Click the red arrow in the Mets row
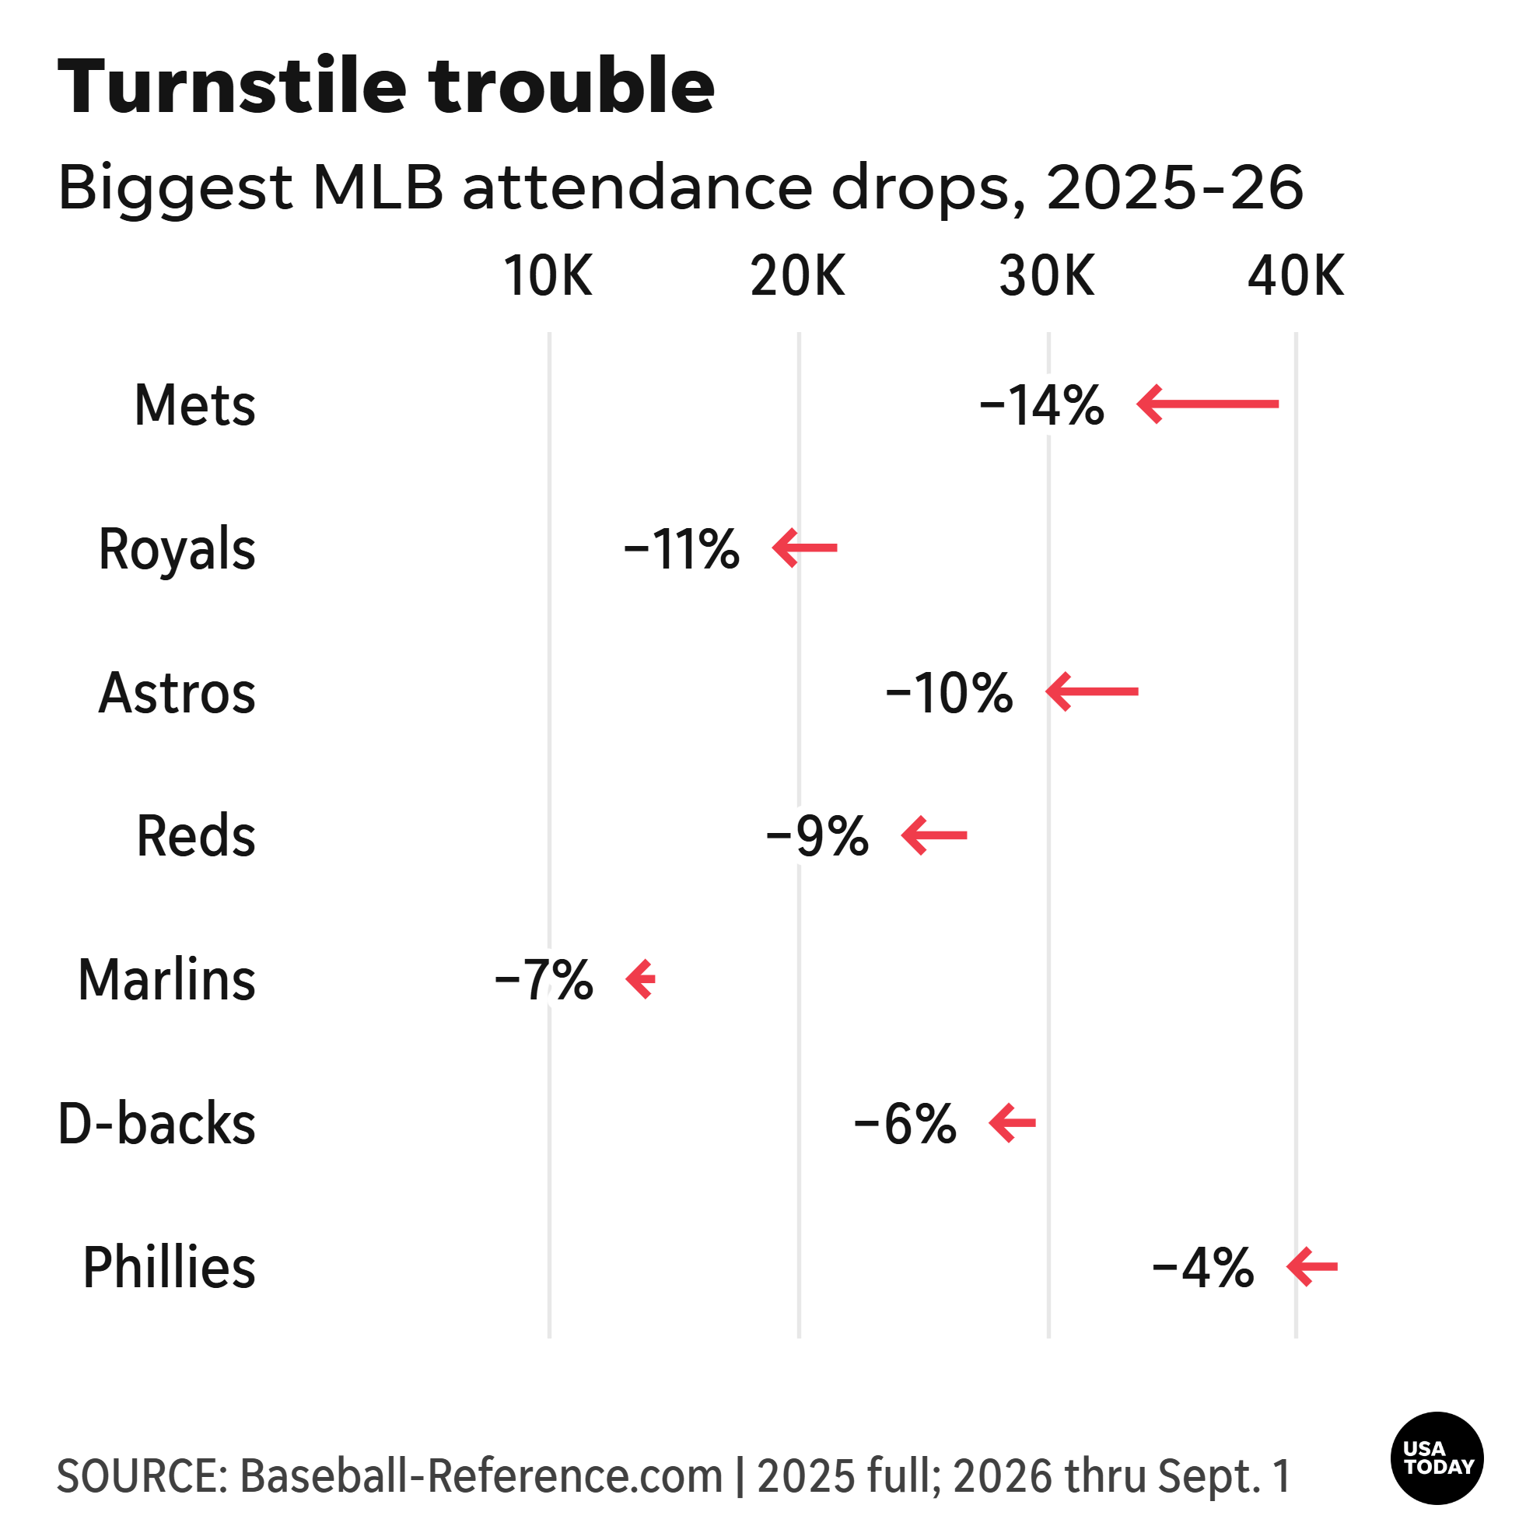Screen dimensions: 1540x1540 pos(1208,404)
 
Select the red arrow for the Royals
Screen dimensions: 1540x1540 pos(804,548)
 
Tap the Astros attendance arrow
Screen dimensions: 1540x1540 pos(1092,691)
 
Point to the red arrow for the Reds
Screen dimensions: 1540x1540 pos(934,835)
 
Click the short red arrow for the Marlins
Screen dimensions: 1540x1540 pos(640,979)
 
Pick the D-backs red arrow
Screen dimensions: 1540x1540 pos(1013,1123)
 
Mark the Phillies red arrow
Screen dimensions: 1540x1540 pos(1312,1266)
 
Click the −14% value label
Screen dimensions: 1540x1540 pos(1041,405)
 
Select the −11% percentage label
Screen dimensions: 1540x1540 pos(681,549)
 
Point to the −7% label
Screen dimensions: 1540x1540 pos(544,980)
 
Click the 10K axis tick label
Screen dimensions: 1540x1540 pos(548,276)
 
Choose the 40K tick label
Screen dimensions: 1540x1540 pos(1296,276)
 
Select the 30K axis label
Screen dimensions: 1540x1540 pos(1048,276)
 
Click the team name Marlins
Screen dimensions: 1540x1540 pos(166,980)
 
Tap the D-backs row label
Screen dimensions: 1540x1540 pos(157,1123)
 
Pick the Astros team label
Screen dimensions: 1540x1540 pos(177,693)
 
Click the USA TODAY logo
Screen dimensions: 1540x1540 pos(1437,1458)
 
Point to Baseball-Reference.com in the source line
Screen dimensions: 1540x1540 pos(481,1475)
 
